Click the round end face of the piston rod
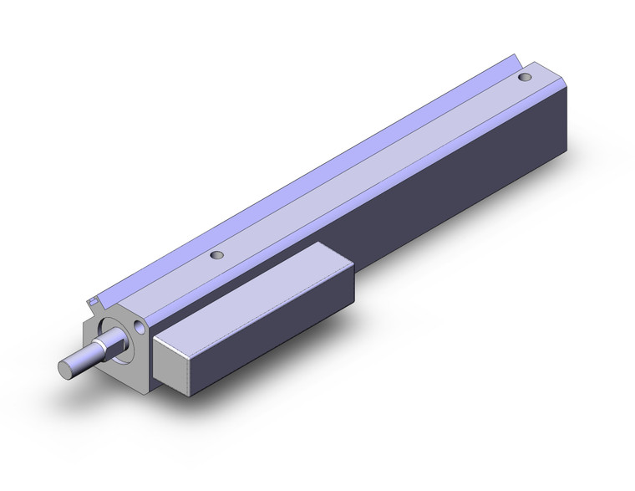(x=65, y=368)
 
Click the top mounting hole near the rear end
(x=524, y=78)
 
